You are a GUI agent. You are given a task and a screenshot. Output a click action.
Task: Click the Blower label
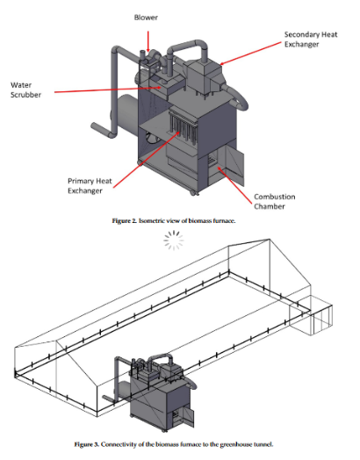pyautogui.click(x=146, y=18)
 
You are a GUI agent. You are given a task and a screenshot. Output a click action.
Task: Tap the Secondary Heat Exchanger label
pyautogui.click(x=311, y=40)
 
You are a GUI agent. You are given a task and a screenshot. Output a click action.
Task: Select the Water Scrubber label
pyautogui.click(x=25, y=90)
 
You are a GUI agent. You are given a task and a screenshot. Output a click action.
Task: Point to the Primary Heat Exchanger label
pyautogui.click(x=90, y=186)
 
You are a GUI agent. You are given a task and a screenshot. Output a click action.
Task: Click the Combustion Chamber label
pyautogui.click(x=275, y=202)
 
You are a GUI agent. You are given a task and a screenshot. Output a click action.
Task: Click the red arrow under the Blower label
pyautogui.click(x=148, y=41)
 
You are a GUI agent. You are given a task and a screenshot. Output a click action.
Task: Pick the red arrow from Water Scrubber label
pyautogui.click(x=108, y=90)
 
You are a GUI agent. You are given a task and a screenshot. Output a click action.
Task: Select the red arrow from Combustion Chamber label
pyautogui.click(x=234, y=184)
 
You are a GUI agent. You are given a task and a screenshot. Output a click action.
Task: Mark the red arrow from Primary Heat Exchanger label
pyautogui.click(x=147, y=159)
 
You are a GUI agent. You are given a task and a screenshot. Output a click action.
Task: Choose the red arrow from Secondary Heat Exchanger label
pyautogui.click(x=250, y=53)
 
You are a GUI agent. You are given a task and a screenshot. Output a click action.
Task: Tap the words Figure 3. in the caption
pyautogui.click(x=87, y=444)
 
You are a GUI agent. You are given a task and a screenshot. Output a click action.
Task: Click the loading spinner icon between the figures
pyautogui.click(x=174, y=241)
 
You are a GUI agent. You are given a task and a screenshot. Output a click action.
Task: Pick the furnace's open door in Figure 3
pyautogui.click(x=189, y=417)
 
